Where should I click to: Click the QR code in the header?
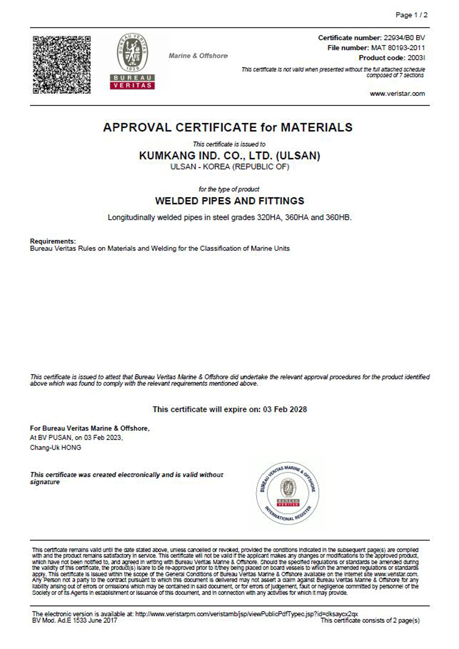coord(62,65)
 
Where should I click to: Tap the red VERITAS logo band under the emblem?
coord(132,85)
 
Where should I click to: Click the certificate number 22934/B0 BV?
coord(404,38)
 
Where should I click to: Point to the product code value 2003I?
coord(416,58)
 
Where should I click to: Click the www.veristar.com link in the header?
coord(397,94)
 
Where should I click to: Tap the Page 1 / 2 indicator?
coord(411,15)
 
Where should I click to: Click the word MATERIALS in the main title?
coord(316,128)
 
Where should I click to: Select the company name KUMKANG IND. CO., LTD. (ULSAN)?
coord(229,156)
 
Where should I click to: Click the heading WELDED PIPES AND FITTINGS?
coord(229,201)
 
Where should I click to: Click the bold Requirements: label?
coord(53,241)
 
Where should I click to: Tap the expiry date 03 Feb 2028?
coord(285,409)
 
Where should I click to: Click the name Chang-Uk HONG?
coord(55,447)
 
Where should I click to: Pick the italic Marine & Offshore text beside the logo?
coord(198,56)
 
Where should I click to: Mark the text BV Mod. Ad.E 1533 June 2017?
coord(75,621)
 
